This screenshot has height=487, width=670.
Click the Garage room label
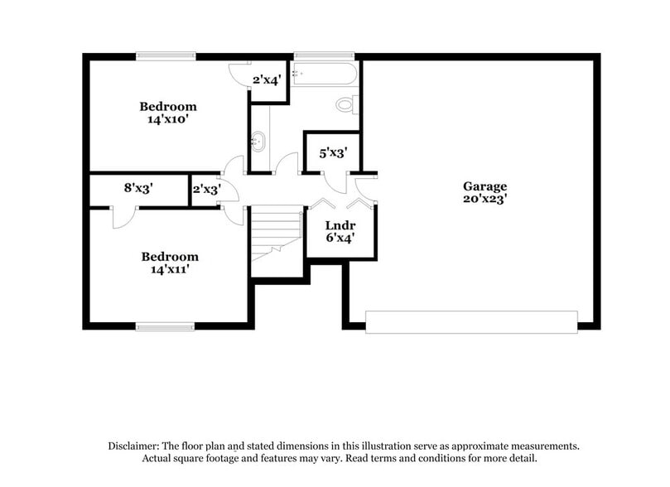tap(484, 186)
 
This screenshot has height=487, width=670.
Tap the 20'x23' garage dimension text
tap(484, 199)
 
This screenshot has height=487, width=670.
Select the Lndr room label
tap(340, 225)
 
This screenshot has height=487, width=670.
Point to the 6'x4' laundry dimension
tap(340, 239)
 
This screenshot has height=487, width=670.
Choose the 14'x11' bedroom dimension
tap(169, 269)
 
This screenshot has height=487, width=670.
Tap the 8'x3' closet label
tap(138, 188)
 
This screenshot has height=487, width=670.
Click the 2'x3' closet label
tap(205, 189)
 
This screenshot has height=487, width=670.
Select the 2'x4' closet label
tap(268, 80)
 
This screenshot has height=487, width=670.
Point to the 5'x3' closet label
tap(332, 152)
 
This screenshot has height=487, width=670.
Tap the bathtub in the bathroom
tap(325, 75)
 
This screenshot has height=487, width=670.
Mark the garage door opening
tap(471, 321)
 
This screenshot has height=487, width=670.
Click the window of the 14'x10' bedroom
tap(166, 55)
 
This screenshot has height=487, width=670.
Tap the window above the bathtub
tap(324, 55)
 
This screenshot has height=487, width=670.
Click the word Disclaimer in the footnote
tap(135, 446)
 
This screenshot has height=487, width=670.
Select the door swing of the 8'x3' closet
tap(123, 217)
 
